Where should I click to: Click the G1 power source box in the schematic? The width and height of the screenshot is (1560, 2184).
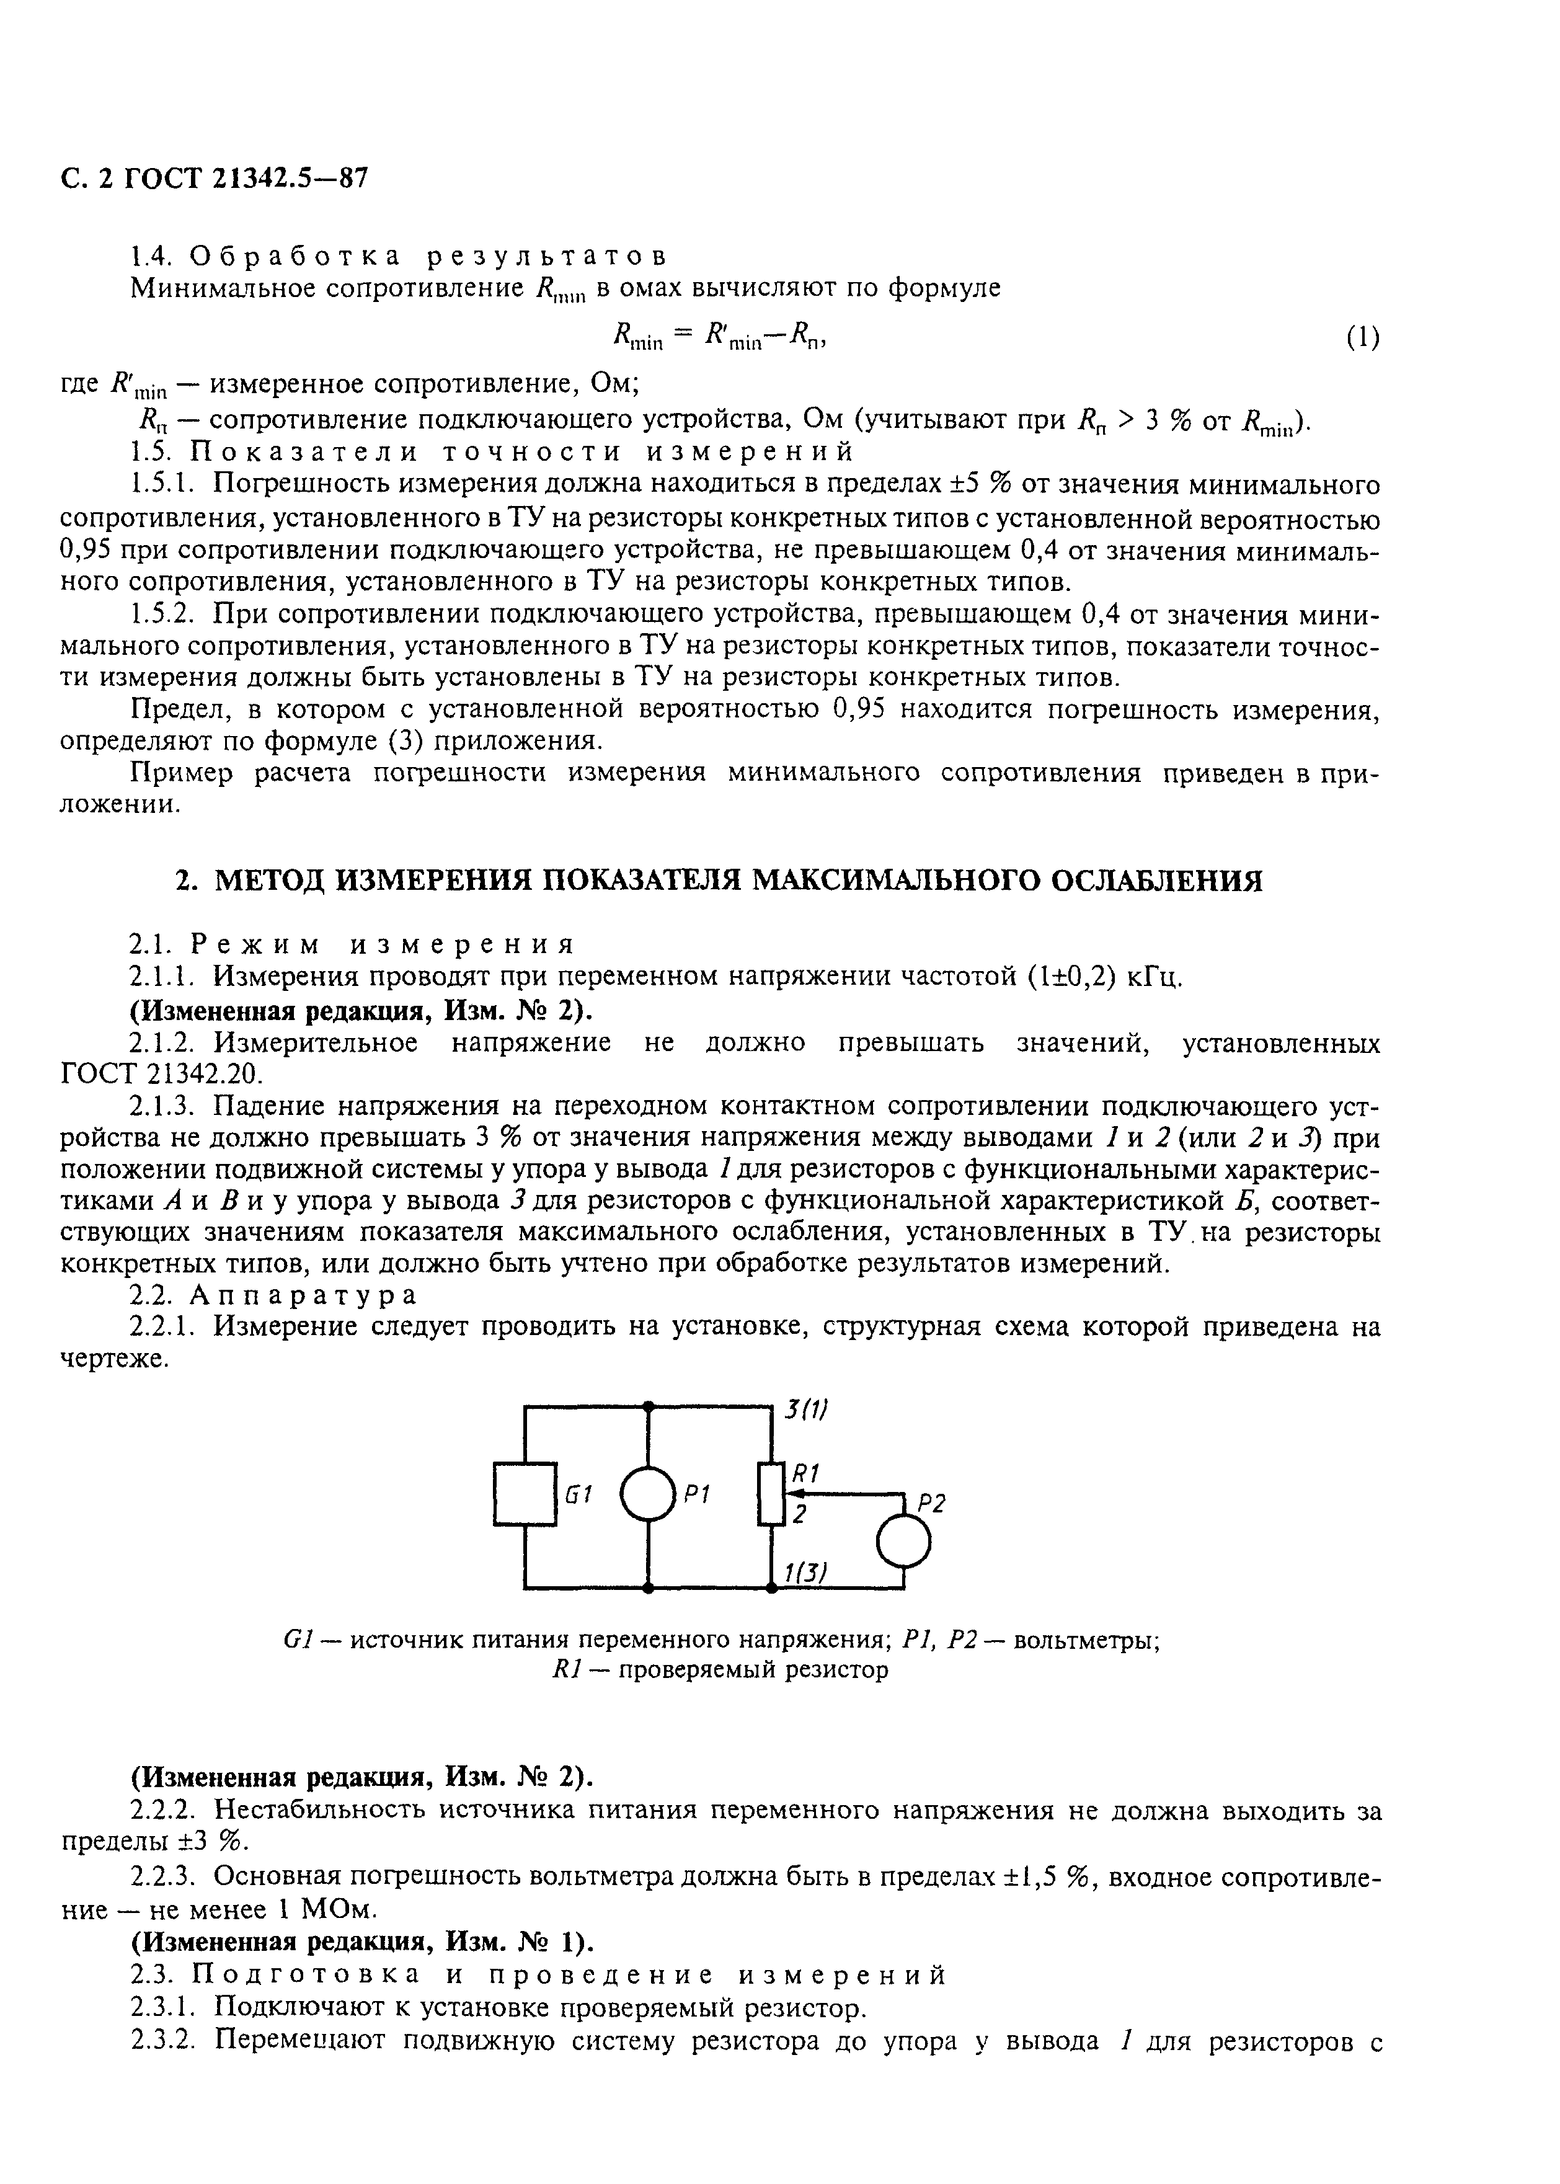pyautogui.click(x=525, y=1493)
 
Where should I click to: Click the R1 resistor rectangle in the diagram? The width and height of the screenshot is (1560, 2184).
pyautogui.click(x=771, y=1493)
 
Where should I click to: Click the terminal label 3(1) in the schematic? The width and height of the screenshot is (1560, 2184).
pyautogui.click(x=805, y=1410)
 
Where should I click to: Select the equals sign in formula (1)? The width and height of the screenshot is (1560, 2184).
pyautogui.click(x=683, y=335)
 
